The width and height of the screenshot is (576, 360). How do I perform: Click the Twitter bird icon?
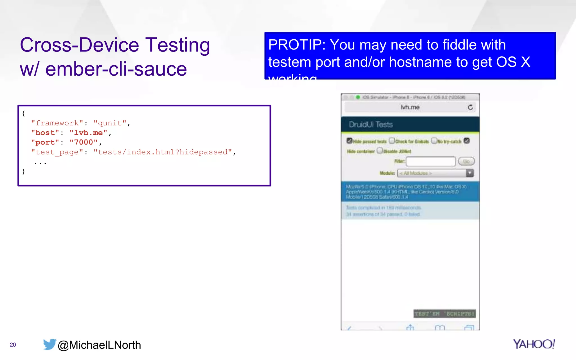49,344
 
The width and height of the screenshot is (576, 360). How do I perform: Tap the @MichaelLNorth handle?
99,345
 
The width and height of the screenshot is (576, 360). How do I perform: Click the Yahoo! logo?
534,344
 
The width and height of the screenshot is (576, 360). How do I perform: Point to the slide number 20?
13,345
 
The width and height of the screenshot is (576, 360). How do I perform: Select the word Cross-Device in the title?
80,45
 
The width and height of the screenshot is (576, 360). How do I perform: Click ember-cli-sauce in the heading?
116,69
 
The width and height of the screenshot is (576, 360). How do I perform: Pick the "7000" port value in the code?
84,142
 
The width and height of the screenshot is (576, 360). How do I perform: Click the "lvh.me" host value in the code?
88,133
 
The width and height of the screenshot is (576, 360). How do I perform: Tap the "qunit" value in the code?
110,123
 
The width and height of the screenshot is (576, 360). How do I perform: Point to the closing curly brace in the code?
24,171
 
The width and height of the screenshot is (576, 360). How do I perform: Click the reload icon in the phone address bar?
470,107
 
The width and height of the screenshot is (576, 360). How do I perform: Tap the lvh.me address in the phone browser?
410,107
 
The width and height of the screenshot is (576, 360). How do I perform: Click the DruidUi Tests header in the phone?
371,125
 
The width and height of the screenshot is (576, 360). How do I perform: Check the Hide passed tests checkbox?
350,141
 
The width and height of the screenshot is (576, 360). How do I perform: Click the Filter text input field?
431,161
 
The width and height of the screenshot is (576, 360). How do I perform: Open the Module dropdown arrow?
470,173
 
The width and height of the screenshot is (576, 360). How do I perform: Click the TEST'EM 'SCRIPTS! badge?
445,314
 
